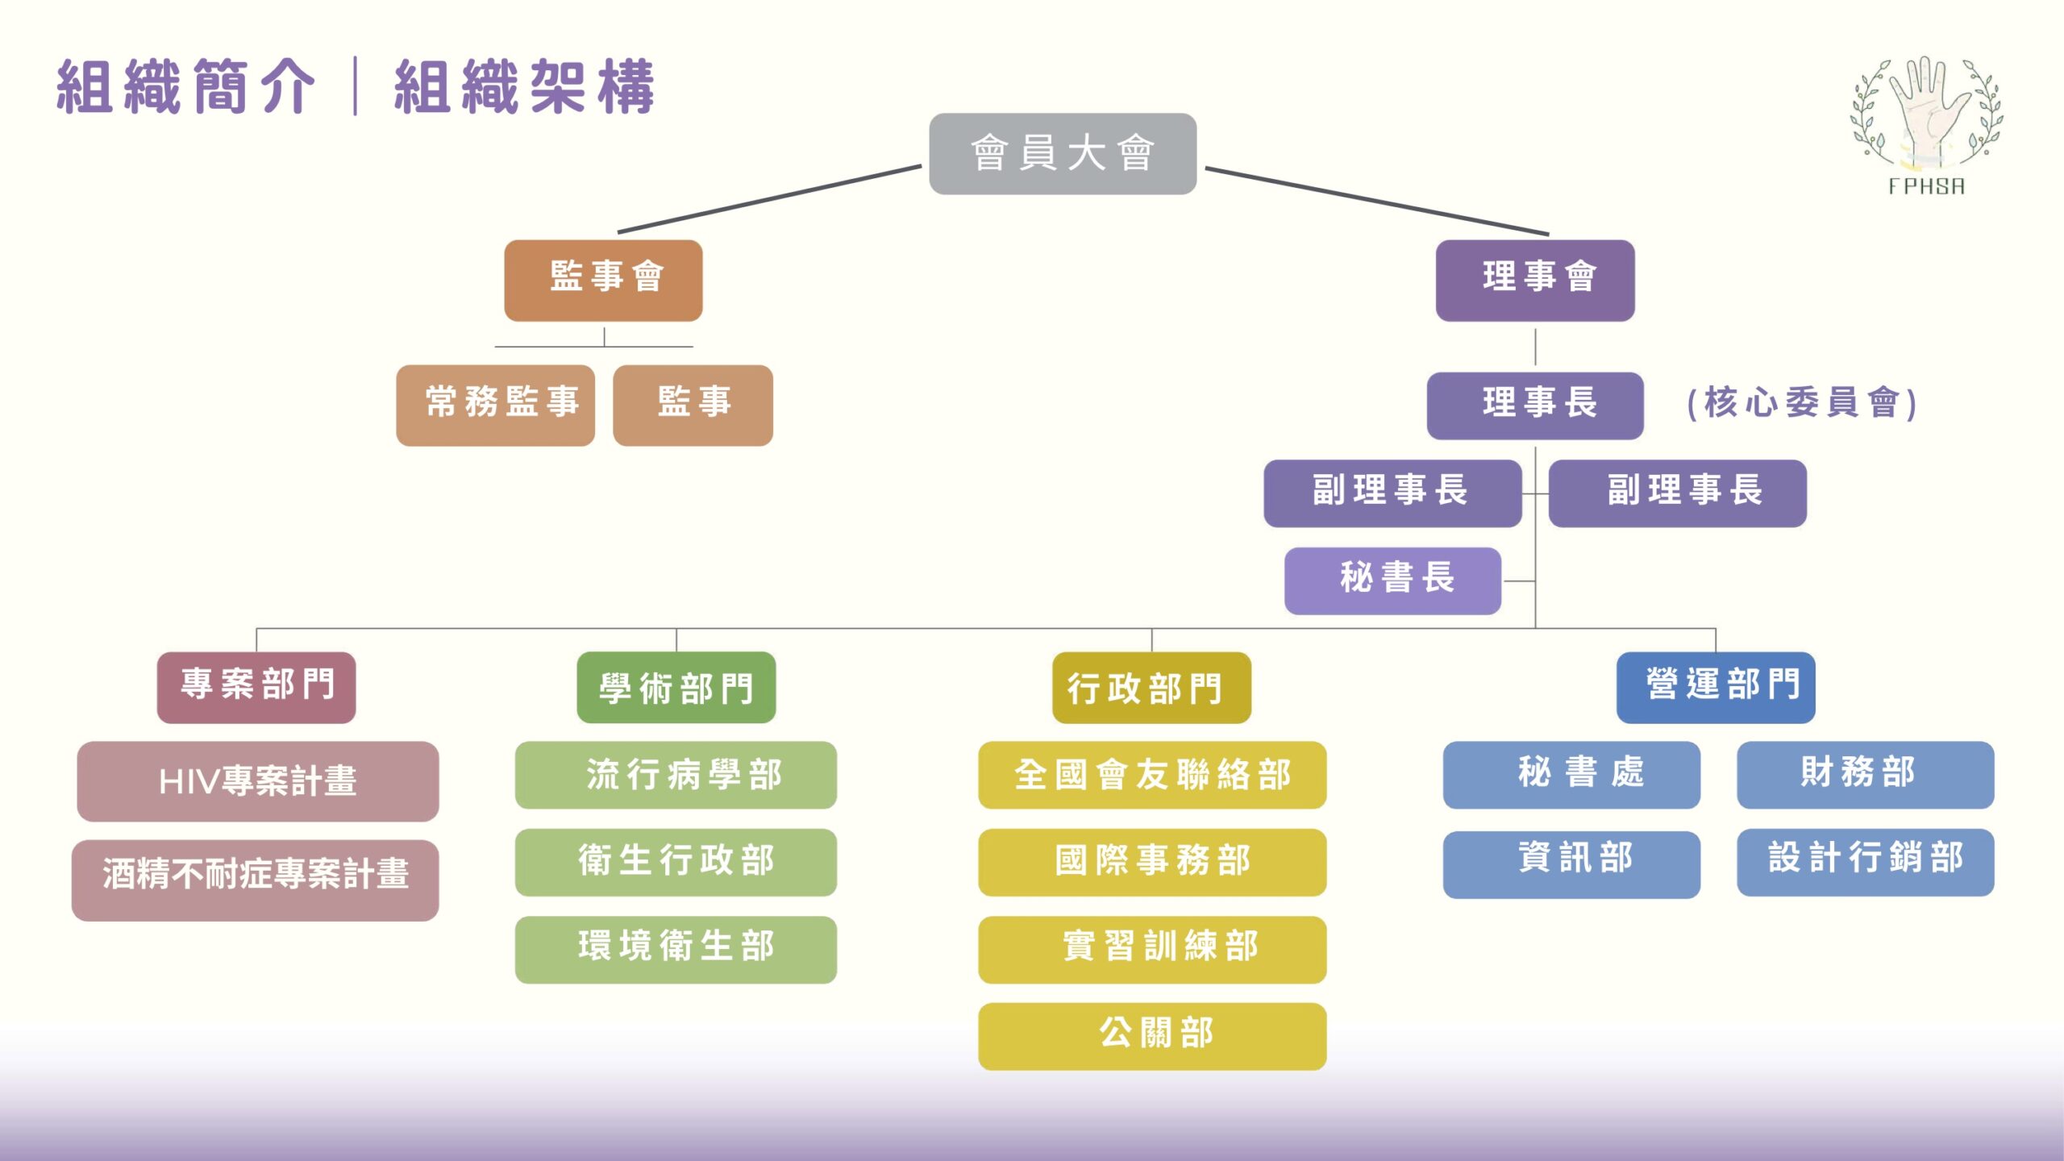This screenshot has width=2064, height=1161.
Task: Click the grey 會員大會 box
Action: [x=1062, y=153]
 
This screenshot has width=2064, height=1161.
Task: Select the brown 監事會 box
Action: [x=603, y=280]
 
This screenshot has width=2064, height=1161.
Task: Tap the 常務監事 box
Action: [x=495, y=405]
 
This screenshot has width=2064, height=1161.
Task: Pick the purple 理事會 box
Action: [x=1534, y=280]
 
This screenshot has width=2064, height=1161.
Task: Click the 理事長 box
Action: [x=1534, y=405]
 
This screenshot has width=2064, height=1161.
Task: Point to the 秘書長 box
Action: [x=1392, y=580]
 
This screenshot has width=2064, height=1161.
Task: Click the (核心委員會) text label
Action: [x=1801, y=403]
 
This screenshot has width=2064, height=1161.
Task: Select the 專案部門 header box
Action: [x=256, y=687]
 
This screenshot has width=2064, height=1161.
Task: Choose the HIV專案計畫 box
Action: [x=258, y=780]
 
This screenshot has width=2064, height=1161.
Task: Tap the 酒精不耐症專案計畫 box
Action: [x=255, y=879]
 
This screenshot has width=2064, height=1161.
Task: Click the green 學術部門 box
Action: [x=676, y=687]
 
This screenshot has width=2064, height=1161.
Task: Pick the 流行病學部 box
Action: [x=676, y=774]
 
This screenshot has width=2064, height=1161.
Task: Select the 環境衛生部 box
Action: [x=676, y=949]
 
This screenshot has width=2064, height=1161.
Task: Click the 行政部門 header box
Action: [x=1151, y=687]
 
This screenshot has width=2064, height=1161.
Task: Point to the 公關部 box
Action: [x=1151, y=1035]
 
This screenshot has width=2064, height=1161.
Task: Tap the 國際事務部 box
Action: [x=1151, y=861]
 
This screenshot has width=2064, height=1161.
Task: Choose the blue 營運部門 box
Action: [x=1715, y=687]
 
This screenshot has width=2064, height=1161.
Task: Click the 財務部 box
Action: [x=1864, y=774]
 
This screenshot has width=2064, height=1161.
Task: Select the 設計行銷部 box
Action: [x=1864, y=861]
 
